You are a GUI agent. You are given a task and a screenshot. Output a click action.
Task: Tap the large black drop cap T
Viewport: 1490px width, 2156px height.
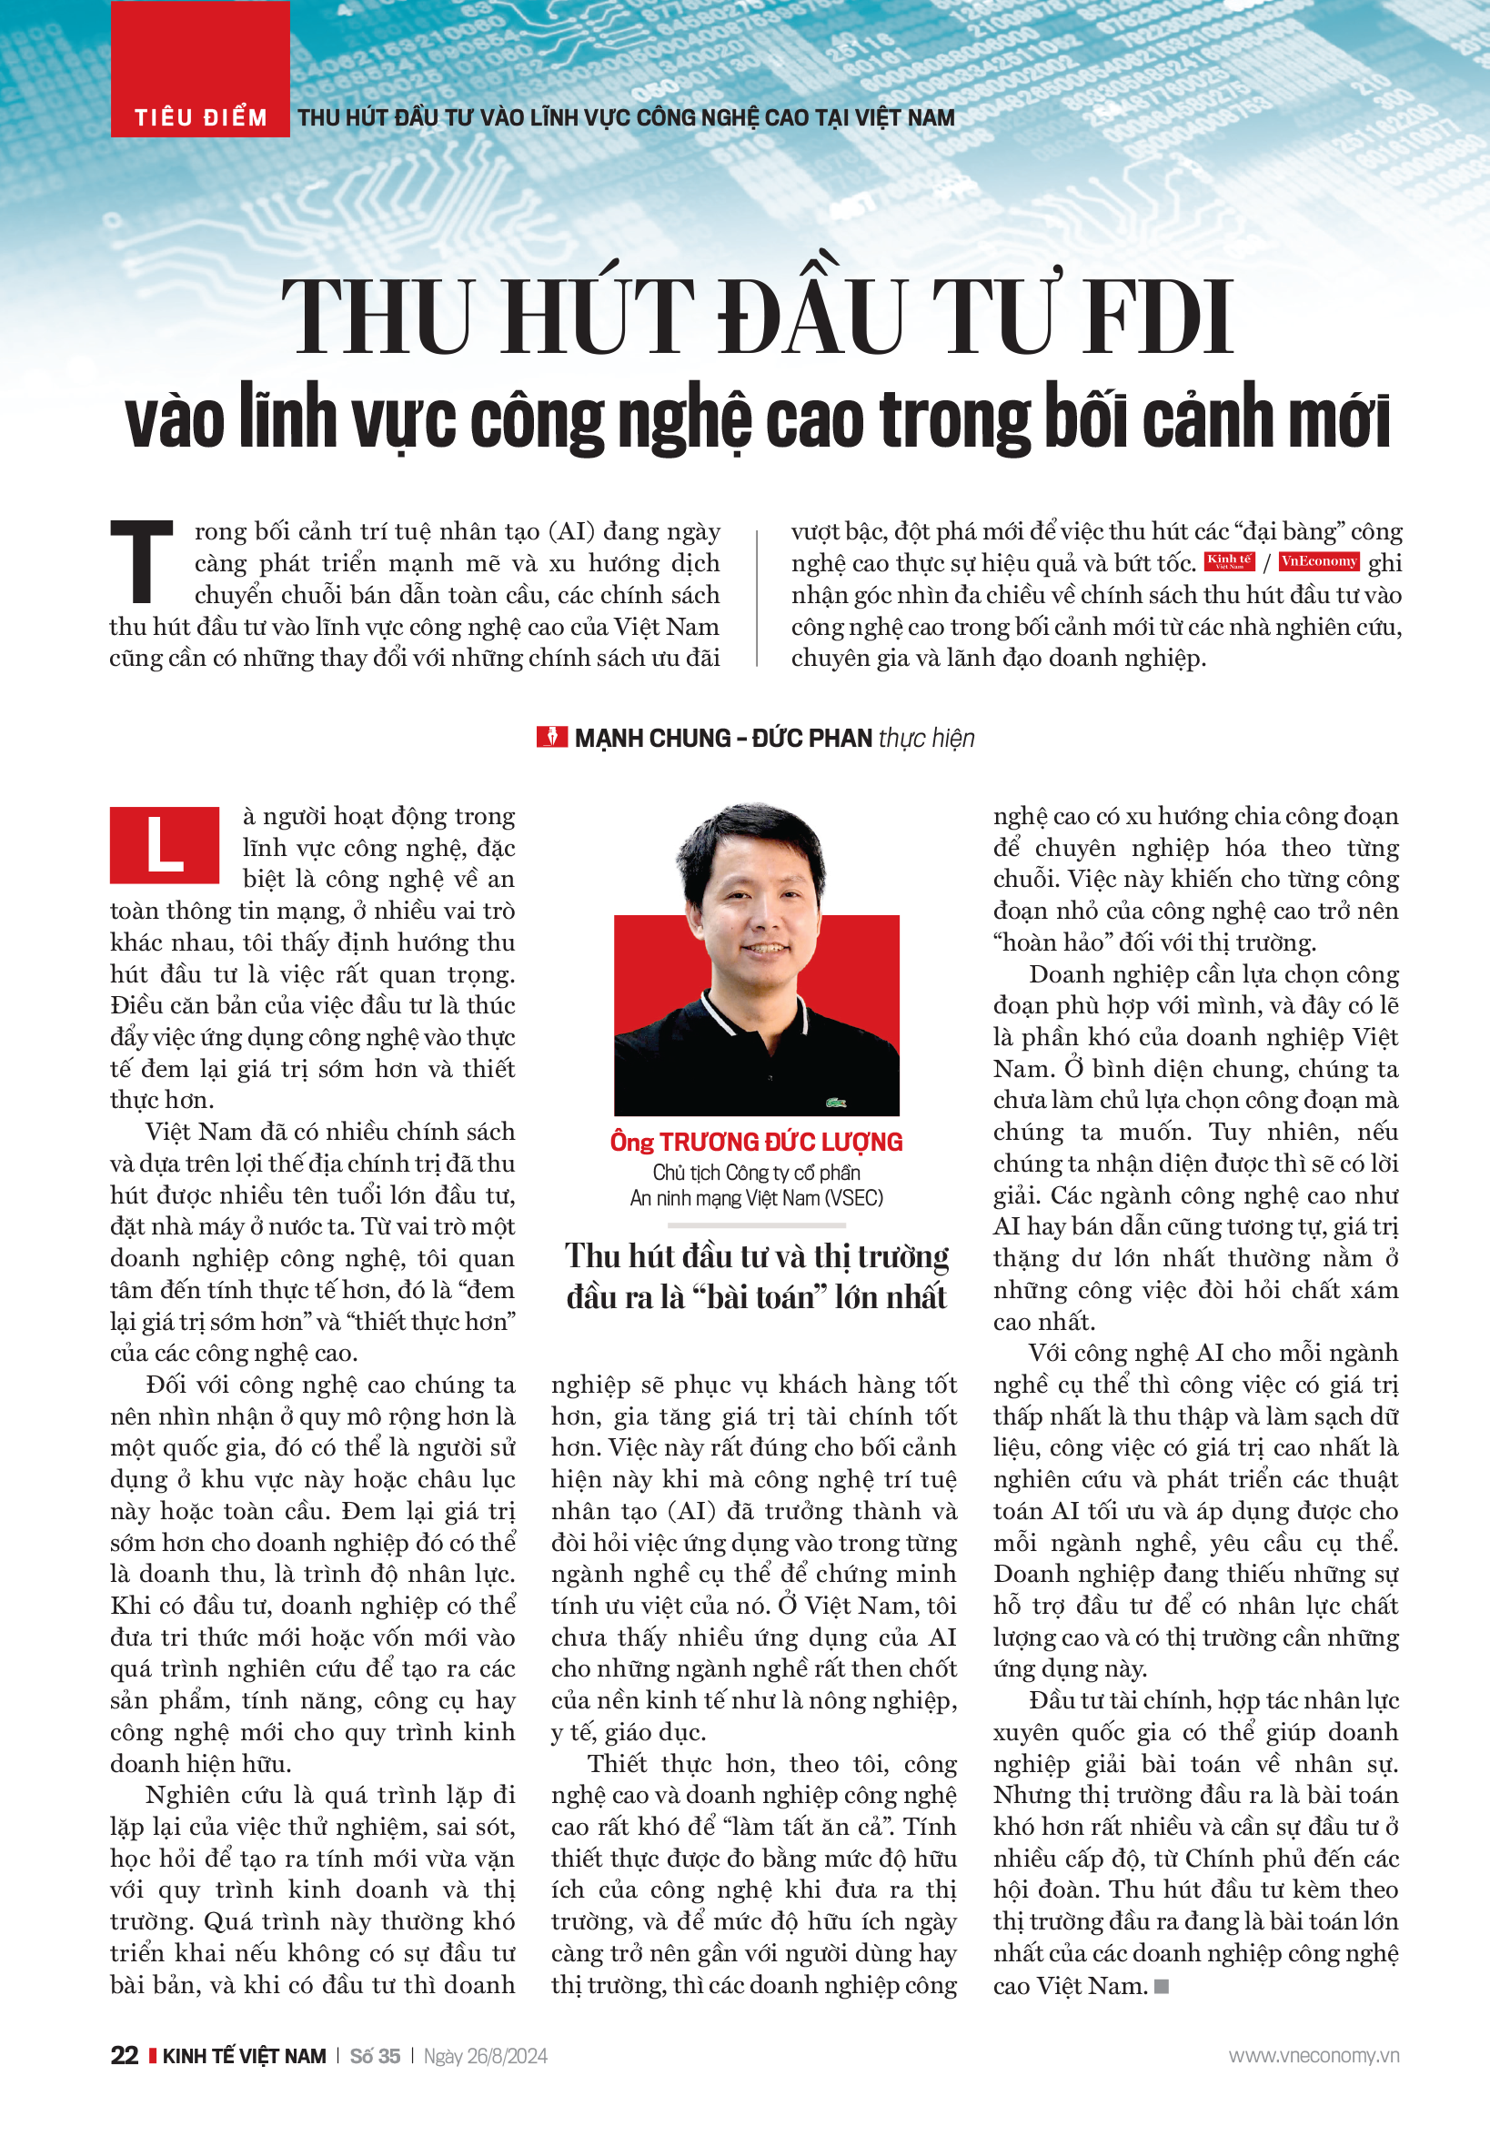click(141, 561)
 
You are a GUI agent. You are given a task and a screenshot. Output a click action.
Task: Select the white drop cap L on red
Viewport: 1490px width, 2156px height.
click(165, 845)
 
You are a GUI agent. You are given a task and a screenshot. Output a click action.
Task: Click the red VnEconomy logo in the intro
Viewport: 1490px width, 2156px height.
click(1317, 561)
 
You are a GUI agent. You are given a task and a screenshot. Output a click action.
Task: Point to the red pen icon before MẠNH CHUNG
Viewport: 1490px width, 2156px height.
click(551, 737)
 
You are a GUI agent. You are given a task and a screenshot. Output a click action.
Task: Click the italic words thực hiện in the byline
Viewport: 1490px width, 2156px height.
click(926, 738)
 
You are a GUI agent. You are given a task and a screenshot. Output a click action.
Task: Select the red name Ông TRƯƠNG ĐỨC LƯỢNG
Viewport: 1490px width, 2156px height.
click(756, 1141)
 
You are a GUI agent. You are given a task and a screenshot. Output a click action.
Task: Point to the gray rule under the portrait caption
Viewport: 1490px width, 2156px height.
click(756, 1224)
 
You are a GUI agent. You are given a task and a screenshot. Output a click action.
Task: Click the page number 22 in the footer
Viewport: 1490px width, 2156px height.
click(124, 2055)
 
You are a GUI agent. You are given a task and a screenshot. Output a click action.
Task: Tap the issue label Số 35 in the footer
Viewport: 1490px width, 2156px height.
click(375, 2056)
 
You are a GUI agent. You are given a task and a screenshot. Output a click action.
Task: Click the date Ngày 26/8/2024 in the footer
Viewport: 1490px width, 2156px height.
click(485, 2056)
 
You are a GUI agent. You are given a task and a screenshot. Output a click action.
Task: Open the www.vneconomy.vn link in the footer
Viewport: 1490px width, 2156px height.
click(1313, 2055)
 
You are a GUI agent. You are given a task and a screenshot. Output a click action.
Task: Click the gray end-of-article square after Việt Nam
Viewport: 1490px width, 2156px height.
click(1162, 1986)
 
